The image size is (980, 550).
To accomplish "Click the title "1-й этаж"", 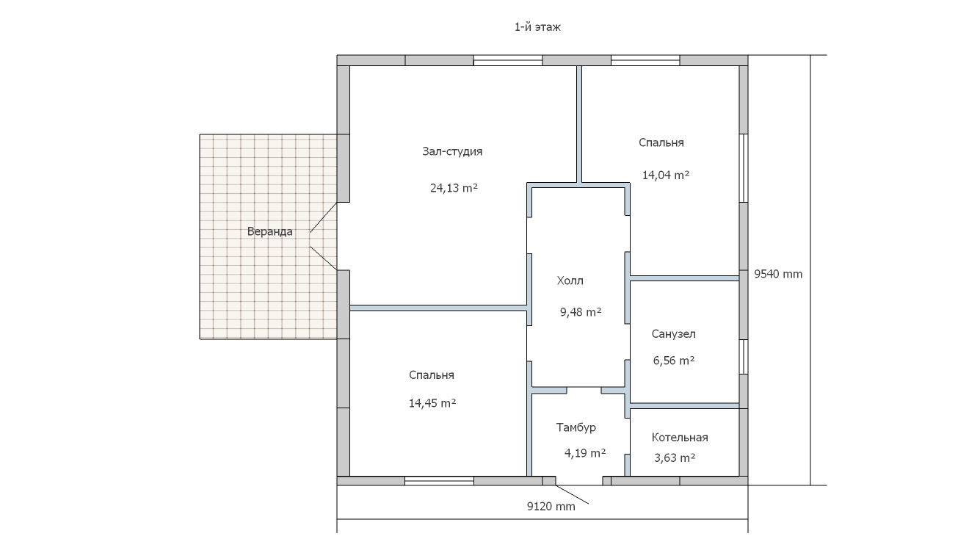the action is [537, 27].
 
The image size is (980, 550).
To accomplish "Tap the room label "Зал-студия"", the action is [452, 151].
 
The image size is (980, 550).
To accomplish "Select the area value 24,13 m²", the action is [454, 188].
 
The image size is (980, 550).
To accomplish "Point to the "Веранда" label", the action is [270, 231].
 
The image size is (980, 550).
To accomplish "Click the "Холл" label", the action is [570, 281].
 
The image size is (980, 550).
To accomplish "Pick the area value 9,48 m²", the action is [581, 312].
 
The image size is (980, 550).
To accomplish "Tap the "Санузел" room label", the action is [673, 334].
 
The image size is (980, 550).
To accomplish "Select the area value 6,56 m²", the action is [674, 361].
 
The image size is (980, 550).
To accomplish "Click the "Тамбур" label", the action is [576, 427].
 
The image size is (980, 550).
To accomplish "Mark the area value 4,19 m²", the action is [585, 453].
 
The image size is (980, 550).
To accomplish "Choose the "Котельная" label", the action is [680, 438].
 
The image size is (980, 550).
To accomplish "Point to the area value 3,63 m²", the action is [675, 458].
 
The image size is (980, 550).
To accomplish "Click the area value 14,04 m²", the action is [665, 176].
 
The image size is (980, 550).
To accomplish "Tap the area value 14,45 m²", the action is [432, 403].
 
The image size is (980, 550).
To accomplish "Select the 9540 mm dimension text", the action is [778, 275].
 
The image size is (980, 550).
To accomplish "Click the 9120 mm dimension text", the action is [551, 507].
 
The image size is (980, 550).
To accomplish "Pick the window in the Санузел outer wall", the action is [744, 357].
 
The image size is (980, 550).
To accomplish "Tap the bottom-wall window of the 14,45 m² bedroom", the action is [439, 481].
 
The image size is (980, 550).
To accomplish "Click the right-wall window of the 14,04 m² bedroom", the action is [744, 168].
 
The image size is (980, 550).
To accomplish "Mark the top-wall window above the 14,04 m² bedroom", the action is [645, 60].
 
